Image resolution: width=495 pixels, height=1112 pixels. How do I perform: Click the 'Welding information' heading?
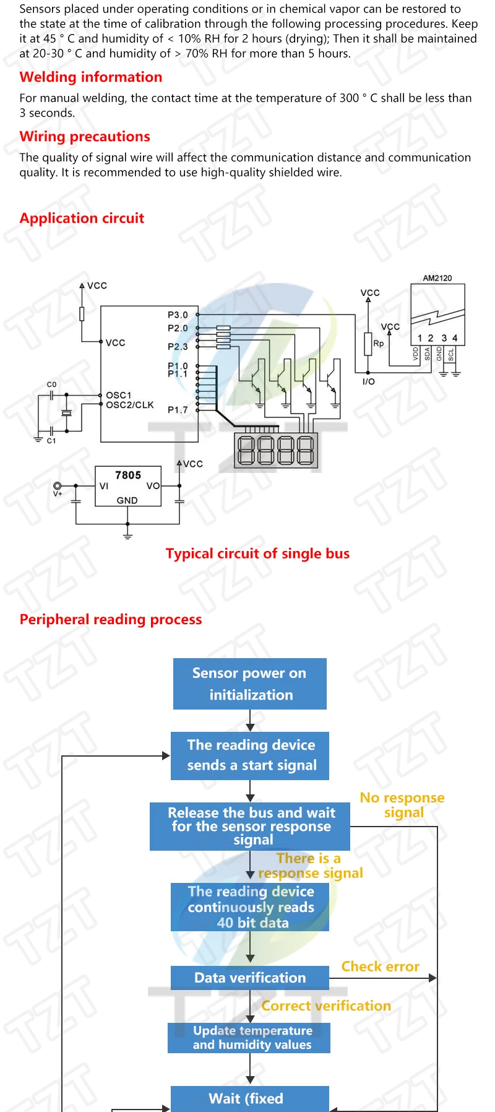pyautogui.click(x=91, y=77)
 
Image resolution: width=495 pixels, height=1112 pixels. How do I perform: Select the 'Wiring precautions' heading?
pyautogui.click(x=85, y=137)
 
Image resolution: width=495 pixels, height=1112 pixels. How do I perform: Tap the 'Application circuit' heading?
pyautogui.click(x=82, y=219)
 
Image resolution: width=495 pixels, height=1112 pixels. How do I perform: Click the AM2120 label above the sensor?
pyautogui.click(x=437, y=278)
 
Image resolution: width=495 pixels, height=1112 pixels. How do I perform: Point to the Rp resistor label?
pyautogui.click(x=378, y=343)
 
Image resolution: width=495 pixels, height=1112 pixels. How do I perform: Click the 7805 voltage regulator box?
pyautogui.click(x=127, y=487)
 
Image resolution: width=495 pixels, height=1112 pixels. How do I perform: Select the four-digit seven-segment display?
pyautogui.click(x=276, y=450)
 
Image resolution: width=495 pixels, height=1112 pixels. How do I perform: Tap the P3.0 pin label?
pyautogui.click(x=178, y=315)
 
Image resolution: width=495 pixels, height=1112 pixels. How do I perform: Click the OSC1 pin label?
pyautogui.click(x=118, y=395)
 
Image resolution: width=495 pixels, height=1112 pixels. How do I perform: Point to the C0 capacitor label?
pyautogui.click(x=51, y=384)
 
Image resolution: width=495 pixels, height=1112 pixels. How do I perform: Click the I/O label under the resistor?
pyautogui.click(x=368, y=381)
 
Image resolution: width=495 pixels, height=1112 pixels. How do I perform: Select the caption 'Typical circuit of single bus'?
pyautogui.click(x=257, y=554)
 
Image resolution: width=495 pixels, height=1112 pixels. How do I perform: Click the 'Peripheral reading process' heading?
pyautogui.click(x=111, y=620)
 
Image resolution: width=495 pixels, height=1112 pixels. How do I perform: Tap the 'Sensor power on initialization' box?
pyautogui.click(x=249, y=684)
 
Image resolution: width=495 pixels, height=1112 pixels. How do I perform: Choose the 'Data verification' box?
pyautogui.click(x=250, y=978)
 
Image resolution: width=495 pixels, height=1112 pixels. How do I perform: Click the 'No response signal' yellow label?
pyautogui.click(x=402, y=805)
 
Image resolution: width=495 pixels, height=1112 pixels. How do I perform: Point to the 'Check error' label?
pyautogui.click(x=380, y=966)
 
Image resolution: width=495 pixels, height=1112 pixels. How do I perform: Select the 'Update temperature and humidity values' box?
pyautogui.click(x=249, y=1038)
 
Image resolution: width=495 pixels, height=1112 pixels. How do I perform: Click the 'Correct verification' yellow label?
pyautogui.click(x=326, y=1006)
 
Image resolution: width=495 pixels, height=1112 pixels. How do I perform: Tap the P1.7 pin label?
pyautogui.click(x=178, y=410)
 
